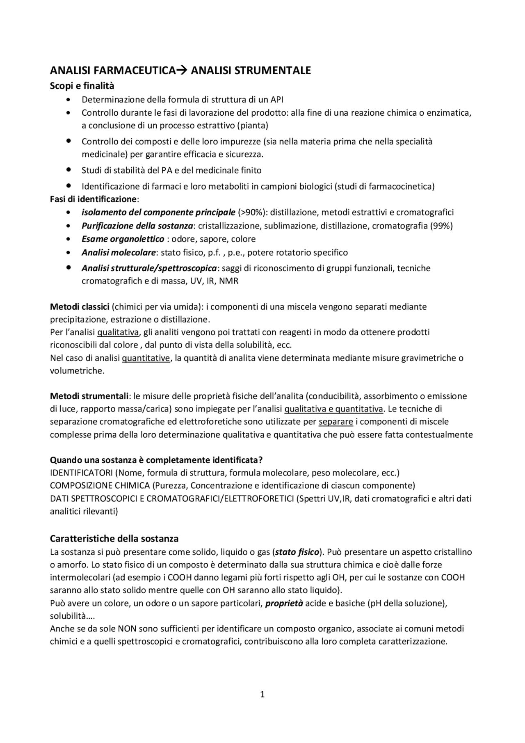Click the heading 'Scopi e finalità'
[82, 86]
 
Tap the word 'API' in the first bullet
[277, 100]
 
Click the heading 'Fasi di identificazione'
[93, 199]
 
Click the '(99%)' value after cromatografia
[441, 226]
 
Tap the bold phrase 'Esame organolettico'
[123, 239]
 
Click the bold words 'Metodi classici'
[80, 306]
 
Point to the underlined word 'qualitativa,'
[119, 332]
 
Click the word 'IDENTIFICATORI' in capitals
[81, 473]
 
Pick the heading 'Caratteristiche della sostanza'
[114, 538]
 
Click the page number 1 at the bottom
[262, 695]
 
